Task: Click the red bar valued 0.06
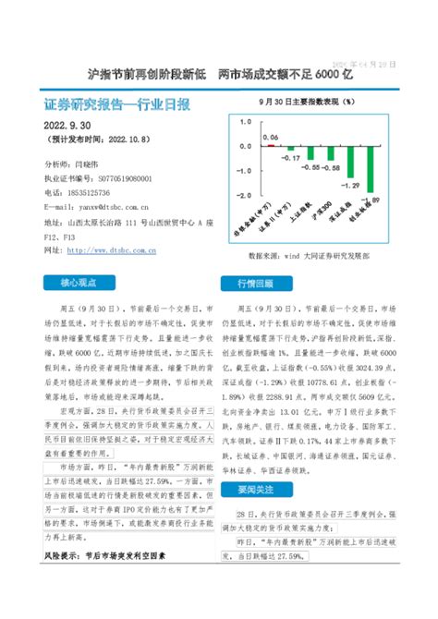coord(270,146)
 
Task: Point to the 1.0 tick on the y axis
coord(244,120)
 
